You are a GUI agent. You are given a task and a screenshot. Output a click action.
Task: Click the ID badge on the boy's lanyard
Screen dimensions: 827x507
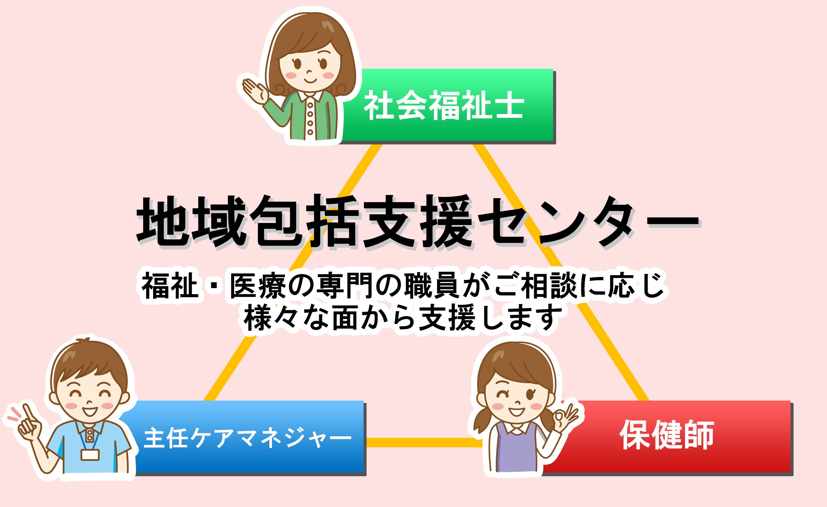coord(90,455)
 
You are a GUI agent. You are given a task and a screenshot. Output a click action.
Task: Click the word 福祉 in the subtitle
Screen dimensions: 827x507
coord(170,286)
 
